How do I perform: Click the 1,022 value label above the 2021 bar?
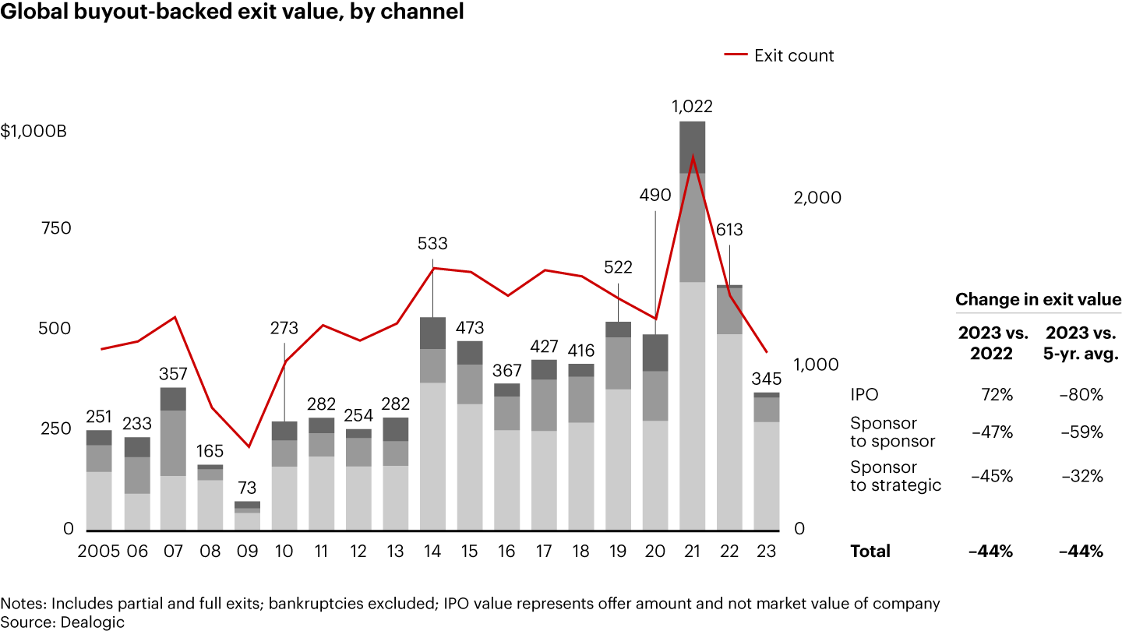692,107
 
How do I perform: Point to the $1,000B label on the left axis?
34,131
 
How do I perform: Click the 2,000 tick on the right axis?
817,197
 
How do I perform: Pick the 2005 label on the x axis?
98,551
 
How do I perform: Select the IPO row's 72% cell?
997,395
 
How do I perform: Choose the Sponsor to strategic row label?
895,476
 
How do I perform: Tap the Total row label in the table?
870,551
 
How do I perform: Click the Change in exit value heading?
1038,300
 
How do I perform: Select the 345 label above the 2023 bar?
766,379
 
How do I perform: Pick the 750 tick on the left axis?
55,228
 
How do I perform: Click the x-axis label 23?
766,551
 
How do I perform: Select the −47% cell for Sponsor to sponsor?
997,432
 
